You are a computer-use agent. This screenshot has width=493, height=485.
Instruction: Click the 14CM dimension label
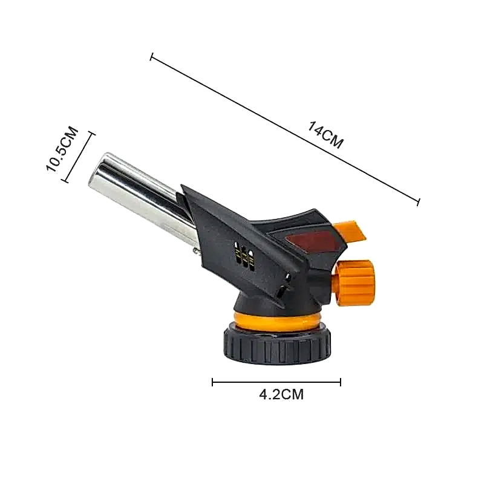pyautogui.click(x=325, y=135)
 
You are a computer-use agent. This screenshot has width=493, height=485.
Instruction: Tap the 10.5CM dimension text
pyautogui.click(x=62, y=149)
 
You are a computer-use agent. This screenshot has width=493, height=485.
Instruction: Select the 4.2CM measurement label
pyautogui.click(x=281, y=394)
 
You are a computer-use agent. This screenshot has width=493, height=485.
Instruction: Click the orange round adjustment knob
pyautogui.click(x=354, y=282)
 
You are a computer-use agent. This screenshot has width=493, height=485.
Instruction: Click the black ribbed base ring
pyautogui.click(x=277, y=345)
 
